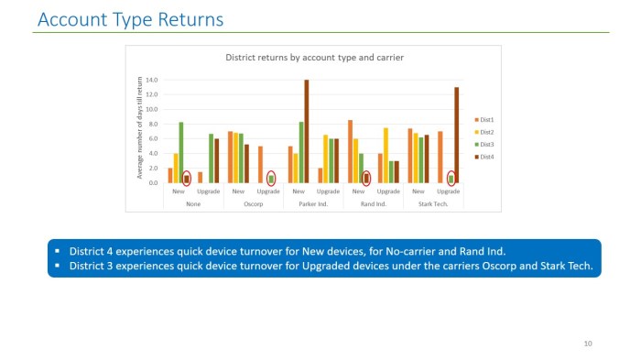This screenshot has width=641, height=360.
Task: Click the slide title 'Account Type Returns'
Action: point(130,19)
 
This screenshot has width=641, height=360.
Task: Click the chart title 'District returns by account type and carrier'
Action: point(315,58)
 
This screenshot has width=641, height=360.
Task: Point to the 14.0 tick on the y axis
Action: point(152,81)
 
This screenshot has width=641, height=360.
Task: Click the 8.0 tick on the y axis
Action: point(152,124)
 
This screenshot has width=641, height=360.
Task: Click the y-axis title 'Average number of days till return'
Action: point(140,129)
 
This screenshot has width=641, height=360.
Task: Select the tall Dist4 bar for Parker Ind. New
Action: point(307,132)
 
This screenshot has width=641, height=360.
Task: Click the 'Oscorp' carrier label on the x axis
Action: point(254,203)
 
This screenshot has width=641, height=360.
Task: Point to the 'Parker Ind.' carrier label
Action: point(313,203)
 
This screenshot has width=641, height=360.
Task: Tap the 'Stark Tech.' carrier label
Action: point(433,203)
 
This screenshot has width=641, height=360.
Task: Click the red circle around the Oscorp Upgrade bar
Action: point(271,179)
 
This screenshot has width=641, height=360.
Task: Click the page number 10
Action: point(588,344)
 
